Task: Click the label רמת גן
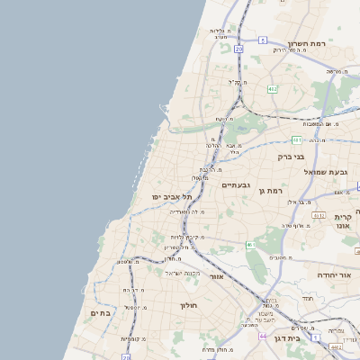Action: [269, 190]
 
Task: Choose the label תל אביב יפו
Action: [168, 196]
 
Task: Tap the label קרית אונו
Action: [343, 221]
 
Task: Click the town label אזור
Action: [216, 276]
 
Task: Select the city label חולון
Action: [188, 305]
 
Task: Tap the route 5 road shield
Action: [262, 40]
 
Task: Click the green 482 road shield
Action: [272, 89]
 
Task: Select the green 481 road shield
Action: [296, 139]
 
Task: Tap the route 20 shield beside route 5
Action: [238, 49]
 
